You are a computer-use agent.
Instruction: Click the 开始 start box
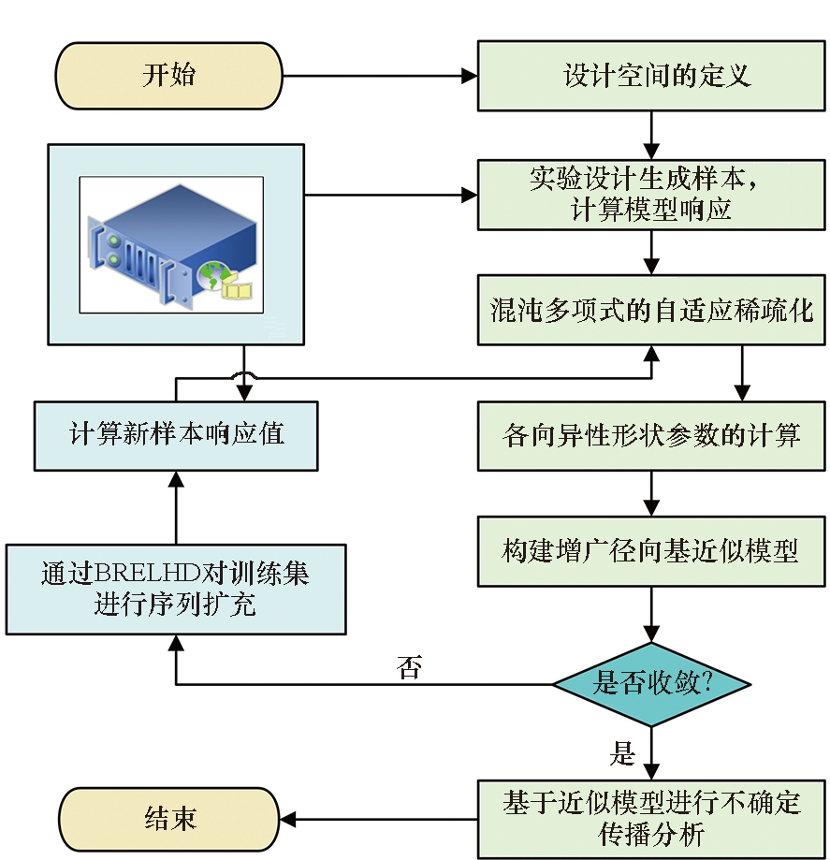(x=169, y=76)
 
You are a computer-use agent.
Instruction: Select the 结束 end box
(x=169, y=820)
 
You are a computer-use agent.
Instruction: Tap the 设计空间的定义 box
(x=652, y=76)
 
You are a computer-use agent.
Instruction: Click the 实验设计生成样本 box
(x=652, y=195)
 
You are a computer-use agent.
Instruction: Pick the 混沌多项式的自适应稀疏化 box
(x=652, y=310)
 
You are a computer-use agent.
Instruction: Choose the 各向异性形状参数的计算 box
(x=652, y=436)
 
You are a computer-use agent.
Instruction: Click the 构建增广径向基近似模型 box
(x=652, y=551)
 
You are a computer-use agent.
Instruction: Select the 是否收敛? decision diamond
(x=651, y=684)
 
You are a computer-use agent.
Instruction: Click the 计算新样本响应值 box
(x=176, y=435)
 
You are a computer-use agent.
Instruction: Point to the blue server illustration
(x=173, y=246)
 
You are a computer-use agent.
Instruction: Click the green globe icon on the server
(x=212, y=275)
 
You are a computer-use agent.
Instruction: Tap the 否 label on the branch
(x=409, y=668)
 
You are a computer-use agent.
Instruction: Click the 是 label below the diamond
(x=621, y=752)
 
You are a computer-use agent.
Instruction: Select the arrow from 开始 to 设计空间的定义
(x=379, y=76)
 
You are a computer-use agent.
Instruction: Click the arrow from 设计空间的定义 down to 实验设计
(x=652, y=135)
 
